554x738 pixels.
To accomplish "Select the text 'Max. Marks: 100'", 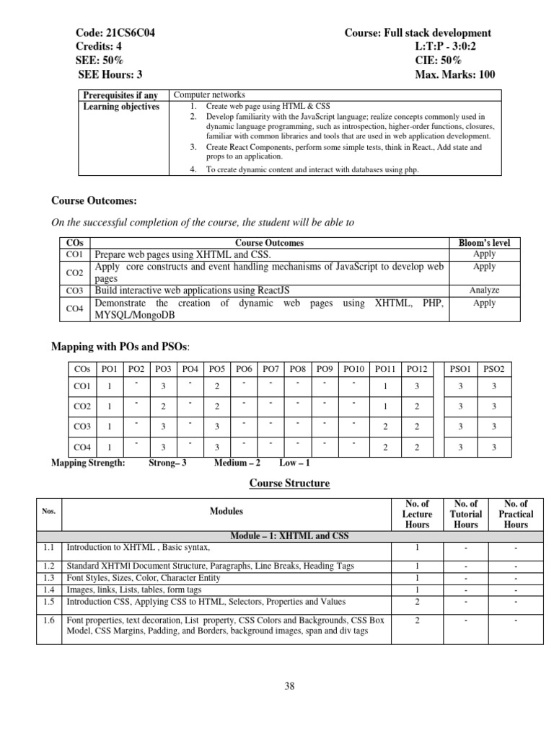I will click(455, 75).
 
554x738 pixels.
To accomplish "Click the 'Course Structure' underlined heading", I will click(289, 483).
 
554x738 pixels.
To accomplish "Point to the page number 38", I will click(290, 686).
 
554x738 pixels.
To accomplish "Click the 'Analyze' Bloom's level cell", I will click(484, 290).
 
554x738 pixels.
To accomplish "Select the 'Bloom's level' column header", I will click(484, 243).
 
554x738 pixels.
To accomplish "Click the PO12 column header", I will click(417, 369).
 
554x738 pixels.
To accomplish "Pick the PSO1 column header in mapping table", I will click(461, 369).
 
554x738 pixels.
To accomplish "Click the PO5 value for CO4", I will click(217, 448).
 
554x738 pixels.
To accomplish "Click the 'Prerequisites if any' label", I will click(121, 95).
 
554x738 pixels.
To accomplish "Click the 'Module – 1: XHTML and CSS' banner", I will click(289, 535).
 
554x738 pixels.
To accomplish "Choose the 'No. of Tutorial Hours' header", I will click(465, 514).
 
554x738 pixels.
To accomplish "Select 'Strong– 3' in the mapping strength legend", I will click(167, 463).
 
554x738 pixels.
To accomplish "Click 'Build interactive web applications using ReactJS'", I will click(193, 290).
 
